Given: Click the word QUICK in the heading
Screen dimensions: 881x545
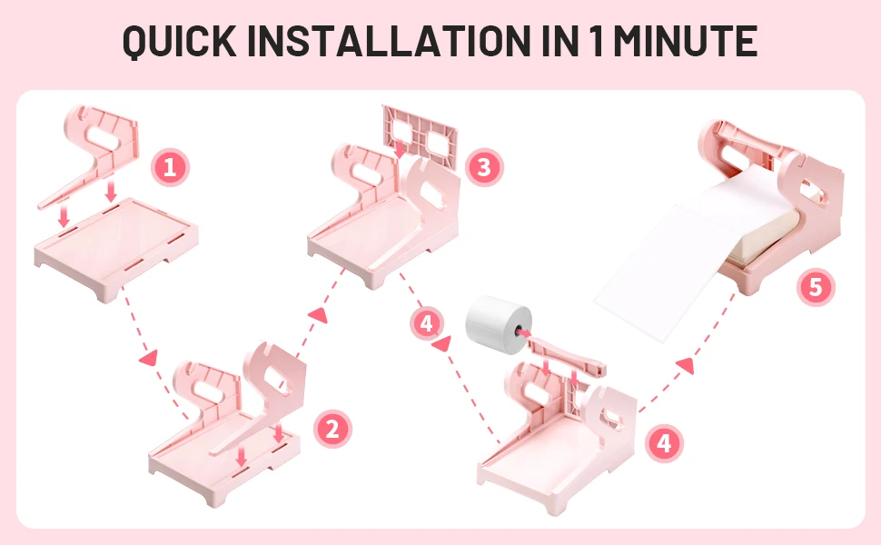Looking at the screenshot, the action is click(179, 41).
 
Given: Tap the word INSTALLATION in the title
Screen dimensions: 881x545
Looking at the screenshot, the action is click(389, 41).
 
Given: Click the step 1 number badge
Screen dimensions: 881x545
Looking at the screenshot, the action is click(170, 167).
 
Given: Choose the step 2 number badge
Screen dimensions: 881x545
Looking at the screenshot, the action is click(332, 430).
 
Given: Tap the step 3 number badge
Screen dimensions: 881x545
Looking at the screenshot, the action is click(484, 167).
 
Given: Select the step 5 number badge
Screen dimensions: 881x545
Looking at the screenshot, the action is click(816, 287).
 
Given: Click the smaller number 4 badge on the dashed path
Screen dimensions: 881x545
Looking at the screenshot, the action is click(427, 324).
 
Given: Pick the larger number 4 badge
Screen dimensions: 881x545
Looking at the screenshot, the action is click(664, 443).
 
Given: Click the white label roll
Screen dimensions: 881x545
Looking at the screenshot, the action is click(498, 325).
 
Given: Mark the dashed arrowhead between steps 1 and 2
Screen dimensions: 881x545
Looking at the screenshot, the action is click(148, 357).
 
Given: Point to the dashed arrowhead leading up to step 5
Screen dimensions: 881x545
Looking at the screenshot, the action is click(686, 365).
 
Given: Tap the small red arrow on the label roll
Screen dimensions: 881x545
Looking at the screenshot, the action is click(522, 332).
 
